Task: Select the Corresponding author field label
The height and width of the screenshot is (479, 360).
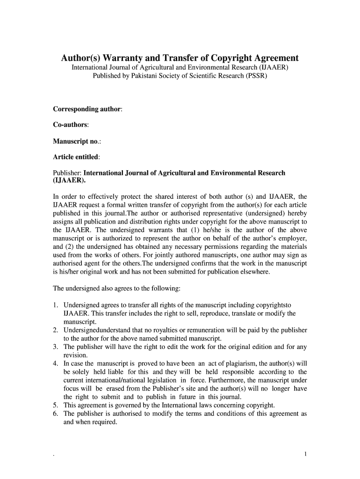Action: pos(87,109)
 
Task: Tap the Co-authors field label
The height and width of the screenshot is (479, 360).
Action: pos(71,125)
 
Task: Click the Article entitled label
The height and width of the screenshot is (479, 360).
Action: pos(76,157)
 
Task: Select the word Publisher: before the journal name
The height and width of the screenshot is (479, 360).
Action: pos(67,173)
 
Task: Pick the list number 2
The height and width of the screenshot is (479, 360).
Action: pos(55,330)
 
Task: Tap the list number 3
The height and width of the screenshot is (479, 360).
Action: pos(55,347)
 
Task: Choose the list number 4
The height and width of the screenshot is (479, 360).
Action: pos(55,363)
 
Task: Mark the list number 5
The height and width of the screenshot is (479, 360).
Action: pos(55,405)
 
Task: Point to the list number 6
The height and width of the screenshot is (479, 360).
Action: pos(55,414)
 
